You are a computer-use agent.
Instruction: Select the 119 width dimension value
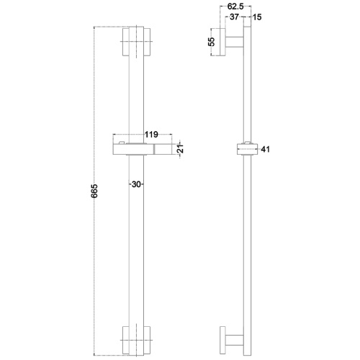pyautogui.click(x=151, y=134)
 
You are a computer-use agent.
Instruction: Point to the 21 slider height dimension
pyautogui.click(x=182, y=150)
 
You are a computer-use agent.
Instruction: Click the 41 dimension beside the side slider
pyautogui.click(x=266, y=150)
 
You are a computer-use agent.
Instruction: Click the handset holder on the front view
pyautogui.click(x=140, y=149)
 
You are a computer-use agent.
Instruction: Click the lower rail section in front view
pyautogui.click(x=136, y=252)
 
